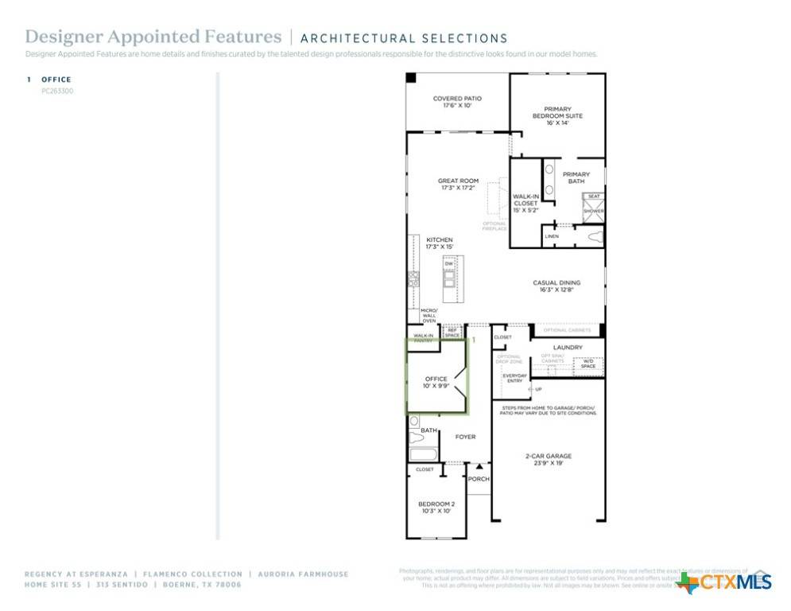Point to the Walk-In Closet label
[525, 203]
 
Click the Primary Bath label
[576, 177]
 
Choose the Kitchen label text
[440, 243]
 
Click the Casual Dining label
[556, 286]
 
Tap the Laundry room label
[568, 348]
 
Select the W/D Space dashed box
[588, 364]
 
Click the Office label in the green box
[436, 382]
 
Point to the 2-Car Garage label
[549, 459]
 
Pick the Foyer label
[465, 437]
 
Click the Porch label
[479, 479]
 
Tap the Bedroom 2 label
[436, 507]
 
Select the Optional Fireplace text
[494, 226]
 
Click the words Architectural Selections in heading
[404, 38]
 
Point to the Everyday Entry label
[514, 378]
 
